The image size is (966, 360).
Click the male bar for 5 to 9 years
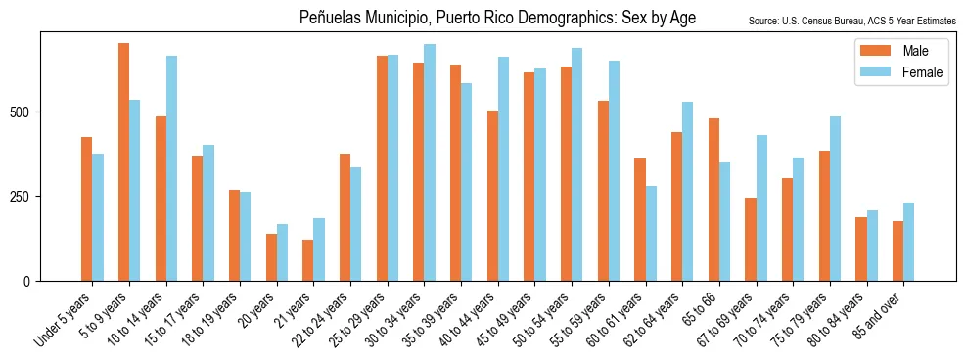123,161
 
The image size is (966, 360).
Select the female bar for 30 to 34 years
430,162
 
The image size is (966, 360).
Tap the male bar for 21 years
308,260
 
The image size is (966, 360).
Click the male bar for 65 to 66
713,200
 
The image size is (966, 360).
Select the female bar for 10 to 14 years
172,168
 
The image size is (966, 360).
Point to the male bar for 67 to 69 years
751,239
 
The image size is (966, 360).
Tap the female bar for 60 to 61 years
651,233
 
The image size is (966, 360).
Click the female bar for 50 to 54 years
577,164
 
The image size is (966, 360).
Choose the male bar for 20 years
271,257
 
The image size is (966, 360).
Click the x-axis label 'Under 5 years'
63,318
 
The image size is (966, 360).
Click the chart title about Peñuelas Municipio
497,18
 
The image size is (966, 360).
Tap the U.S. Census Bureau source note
851,21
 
